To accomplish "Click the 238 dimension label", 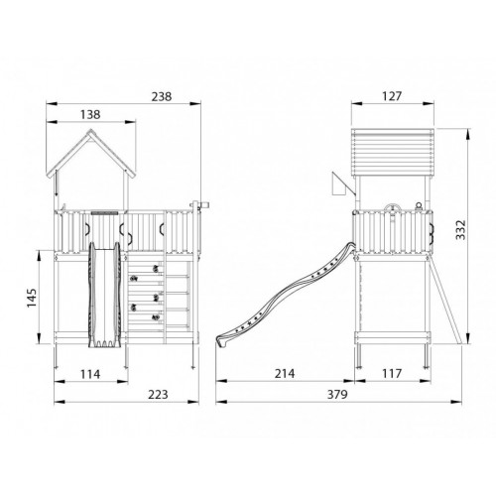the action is click(x=162, y=96).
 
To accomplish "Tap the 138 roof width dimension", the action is click(x=90, y=114).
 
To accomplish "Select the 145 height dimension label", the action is click(x=32, y=298).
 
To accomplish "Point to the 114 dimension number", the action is click(x=90, y=374).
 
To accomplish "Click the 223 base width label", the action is click(x=158, y=395).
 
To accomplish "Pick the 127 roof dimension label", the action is click(x=392, y=96).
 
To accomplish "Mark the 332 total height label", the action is click(x=460, y=229).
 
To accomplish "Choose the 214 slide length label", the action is click(x=285, y=374).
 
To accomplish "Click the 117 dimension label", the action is click(x=392, y=374).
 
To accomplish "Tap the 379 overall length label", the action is click(x=337, y=395).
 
